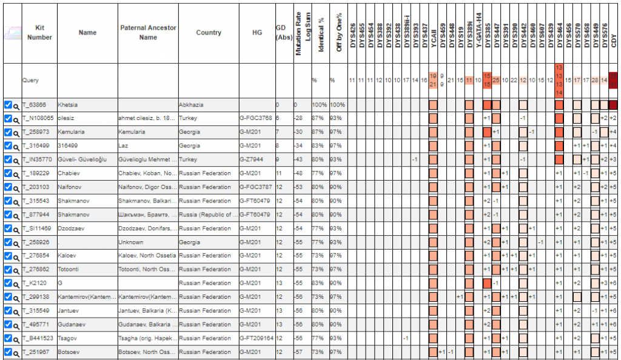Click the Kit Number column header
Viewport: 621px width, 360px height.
coord(39,33)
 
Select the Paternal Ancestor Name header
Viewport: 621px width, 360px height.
coord(148,33)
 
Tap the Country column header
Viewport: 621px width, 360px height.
coord(208,33)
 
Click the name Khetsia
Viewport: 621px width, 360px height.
coord(69,105)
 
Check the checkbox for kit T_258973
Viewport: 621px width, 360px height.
coord(7,132)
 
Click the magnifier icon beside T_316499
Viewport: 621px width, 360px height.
coord(16,146)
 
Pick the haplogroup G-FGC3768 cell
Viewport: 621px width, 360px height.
coord(257,118)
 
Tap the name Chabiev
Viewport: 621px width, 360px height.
coord(69,173)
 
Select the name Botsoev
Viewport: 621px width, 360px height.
coord(69,352)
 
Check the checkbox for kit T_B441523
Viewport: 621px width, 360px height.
coord(7,338)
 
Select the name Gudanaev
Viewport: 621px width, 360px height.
coord(72,324)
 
